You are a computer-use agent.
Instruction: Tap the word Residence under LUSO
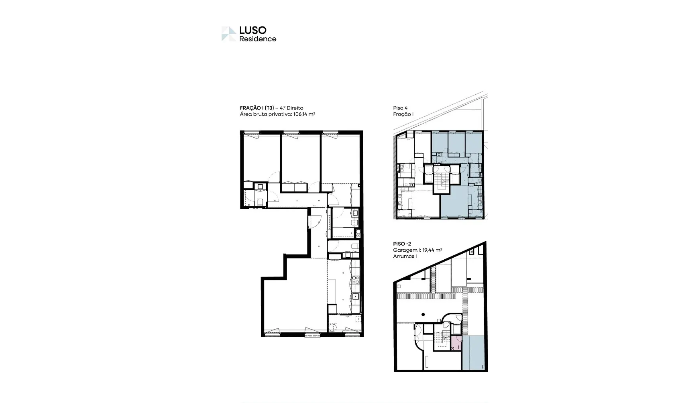(x=258, y=39)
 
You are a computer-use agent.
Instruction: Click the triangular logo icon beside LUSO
(x=228, y=34)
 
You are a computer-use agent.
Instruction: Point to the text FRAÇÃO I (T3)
(x=257, y=108)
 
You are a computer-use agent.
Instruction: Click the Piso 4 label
(x=400, y=108)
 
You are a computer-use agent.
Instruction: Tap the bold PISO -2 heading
(x=402, y=244)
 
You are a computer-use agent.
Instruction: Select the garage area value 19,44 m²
(x=432, y=250)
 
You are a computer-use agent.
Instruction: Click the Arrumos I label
(x=405, y=256)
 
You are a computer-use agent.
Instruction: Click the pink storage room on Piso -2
(x=456, y=343)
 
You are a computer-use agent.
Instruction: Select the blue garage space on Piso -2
(x=473, y=352)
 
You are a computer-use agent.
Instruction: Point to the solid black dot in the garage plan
(x=423, y=314)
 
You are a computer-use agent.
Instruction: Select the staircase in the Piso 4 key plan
(x=442, y=180)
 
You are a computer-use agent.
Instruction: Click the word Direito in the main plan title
(x=295, y=108)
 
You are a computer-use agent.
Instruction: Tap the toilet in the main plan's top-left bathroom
(x=260, y=201)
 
